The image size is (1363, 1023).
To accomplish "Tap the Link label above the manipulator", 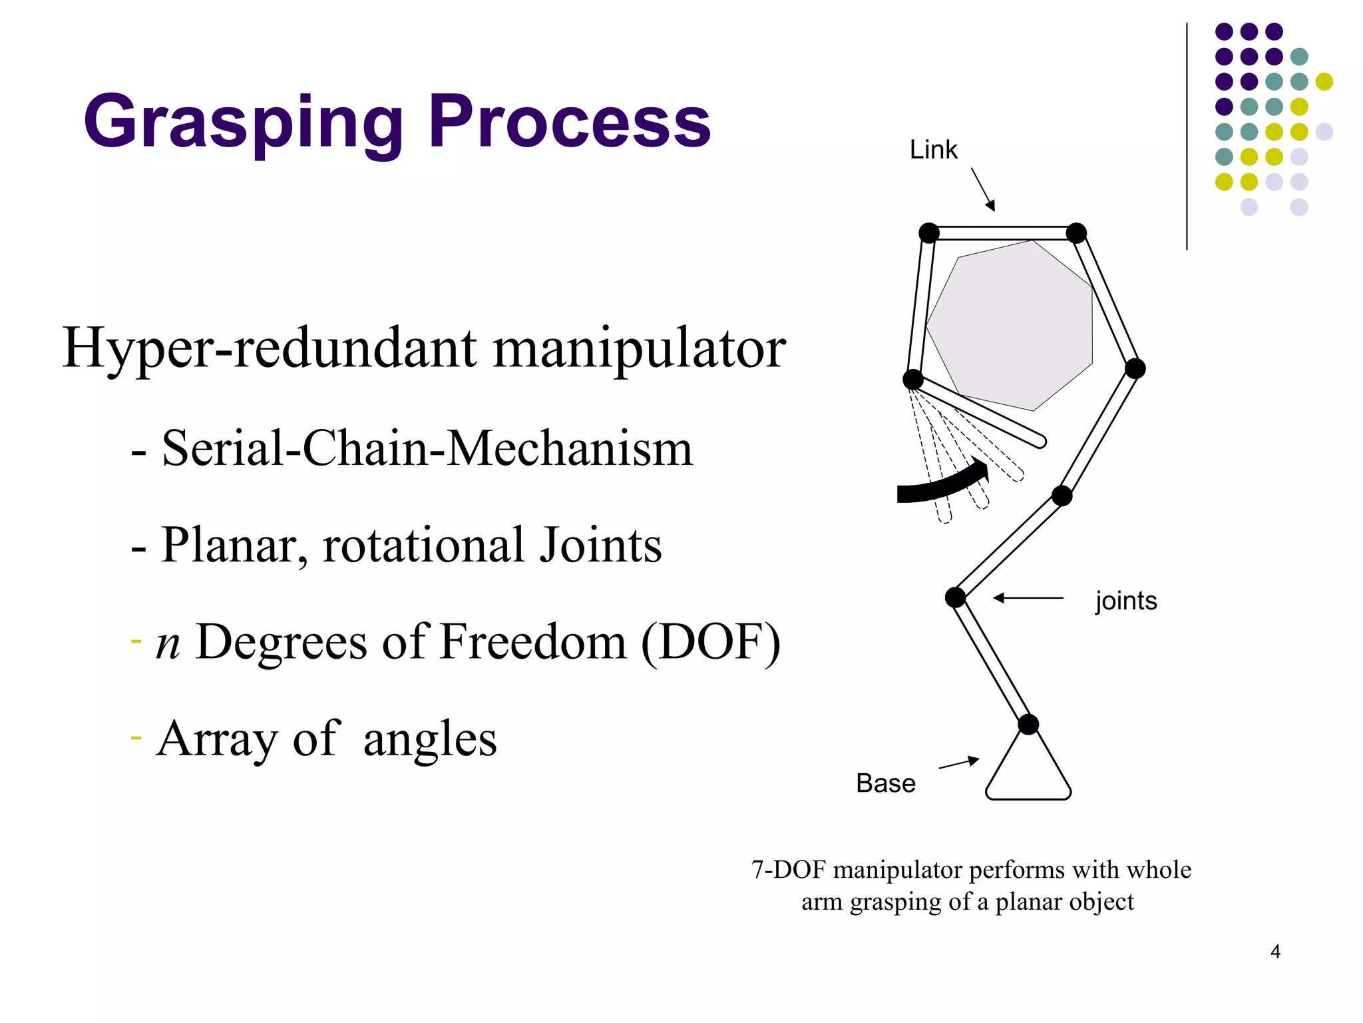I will (x=933, y=150).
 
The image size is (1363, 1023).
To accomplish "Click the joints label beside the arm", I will (x=1126, y=601).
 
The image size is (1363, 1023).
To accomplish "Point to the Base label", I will (x=885, y=783).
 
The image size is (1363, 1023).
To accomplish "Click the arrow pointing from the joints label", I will (x=1028, y=598).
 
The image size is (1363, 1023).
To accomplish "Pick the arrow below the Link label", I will (x=983, y=189).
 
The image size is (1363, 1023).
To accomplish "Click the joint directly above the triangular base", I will (x=1028, y=724).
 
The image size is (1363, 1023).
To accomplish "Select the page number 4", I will (x=1275, y=952).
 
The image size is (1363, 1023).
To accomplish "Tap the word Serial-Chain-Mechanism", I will (x=427, y=448).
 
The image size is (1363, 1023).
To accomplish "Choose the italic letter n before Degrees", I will (x=168, y=643).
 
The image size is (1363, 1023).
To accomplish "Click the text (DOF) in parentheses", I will (x=711, y=642).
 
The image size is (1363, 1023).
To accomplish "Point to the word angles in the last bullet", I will (x=430, y=739).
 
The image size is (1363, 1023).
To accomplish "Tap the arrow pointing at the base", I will (x=959, y=763).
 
